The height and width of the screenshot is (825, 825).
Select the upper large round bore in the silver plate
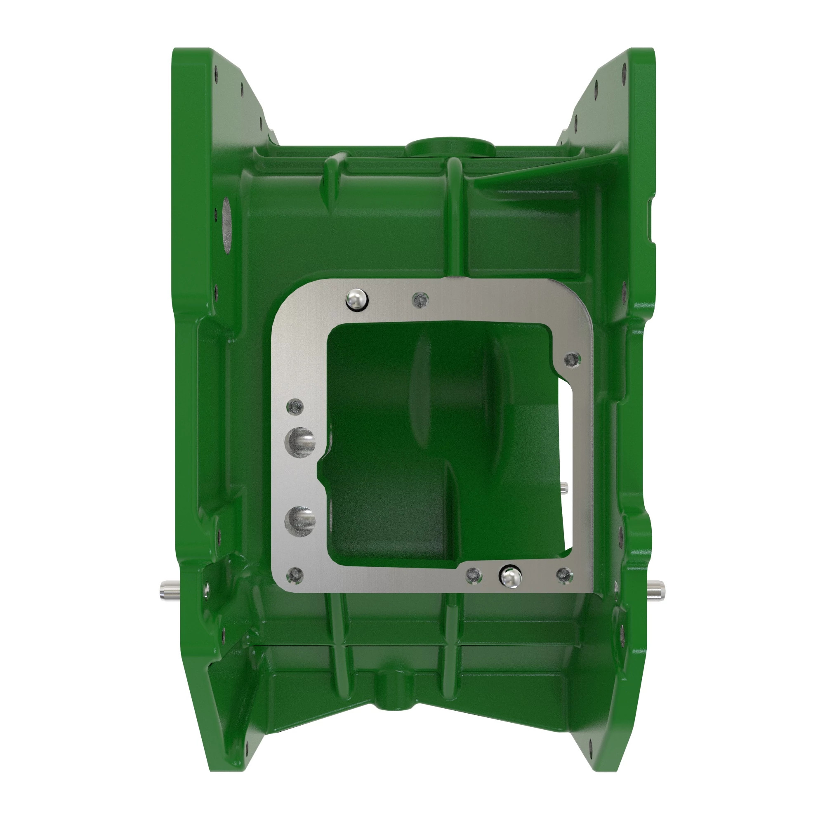[300, 442]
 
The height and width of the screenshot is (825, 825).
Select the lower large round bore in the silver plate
[300, 521]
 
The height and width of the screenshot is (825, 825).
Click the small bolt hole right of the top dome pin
[420, 300]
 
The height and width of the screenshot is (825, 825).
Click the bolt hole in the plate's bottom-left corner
[295, 575]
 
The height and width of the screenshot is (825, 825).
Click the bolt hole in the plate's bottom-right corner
[565, 575]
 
